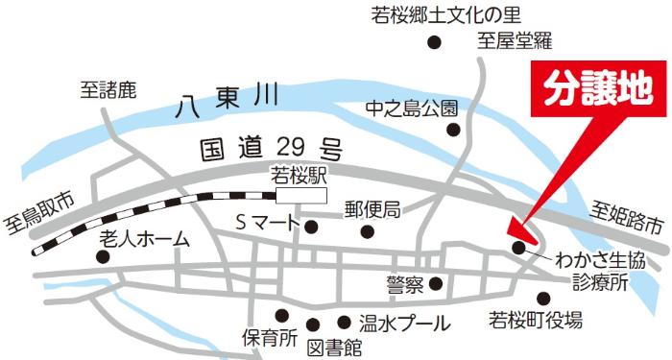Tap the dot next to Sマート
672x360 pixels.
click(311, 227)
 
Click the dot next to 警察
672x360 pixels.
click(435, 283)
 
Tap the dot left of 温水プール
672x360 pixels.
click(344, 322)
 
